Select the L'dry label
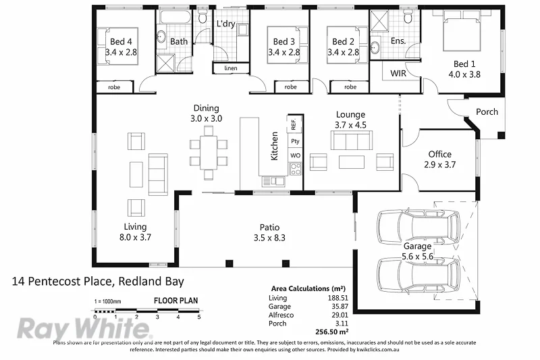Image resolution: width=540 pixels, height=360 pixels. (x=225, y=25)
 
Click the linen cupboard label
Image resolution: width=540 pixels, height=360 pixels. (x=230, y=68)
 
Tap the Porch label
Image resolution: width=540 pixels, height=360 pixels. (x=487, y=112)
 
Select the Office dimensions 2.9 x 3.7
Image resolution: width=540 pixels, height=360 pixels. (x=439, y=164)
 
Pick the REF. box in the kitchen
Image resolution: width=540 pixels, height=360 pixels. (x=294, y=124)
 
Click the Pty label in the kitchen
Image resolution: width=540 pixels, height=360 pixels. (x=295, y=141)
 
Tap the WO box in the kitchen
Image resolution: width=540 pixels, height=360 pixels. (x=295, y=155)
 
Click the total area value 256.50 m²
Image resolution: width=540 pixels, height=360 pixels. (x=333, y=332)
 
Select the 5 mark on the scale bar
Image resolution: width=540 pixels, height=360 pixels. (x=199, y=316)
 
